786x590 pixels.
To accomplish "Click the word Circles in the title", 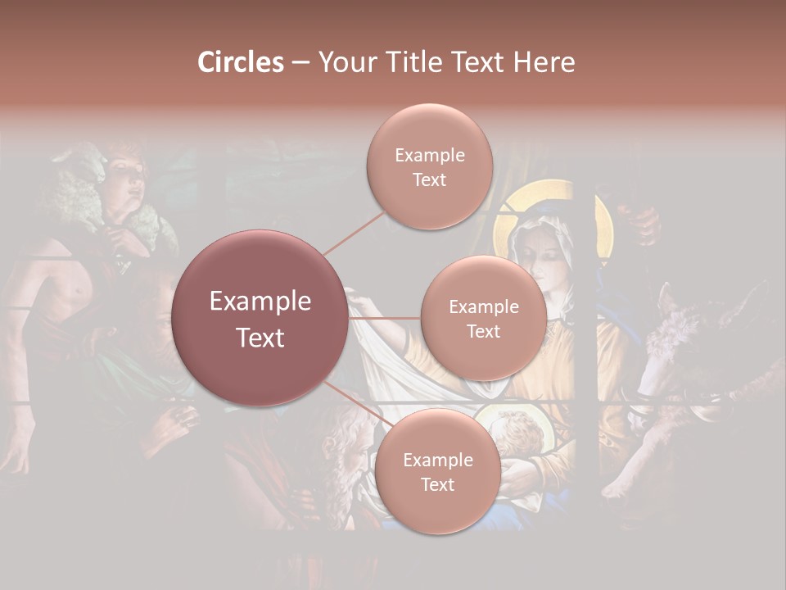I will (x=240, y=62).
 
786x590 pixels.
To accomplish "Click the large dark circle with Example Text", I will (x=260, y=318).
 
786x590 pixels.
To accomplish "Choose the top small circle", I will (x=429, y=167).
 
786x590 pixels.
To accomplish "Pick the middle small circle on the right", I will (x=483, y=318).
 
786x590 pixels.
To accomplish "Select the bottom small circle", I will (x=437, y=471).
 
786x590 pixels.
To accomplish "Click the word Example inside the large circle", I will (x=260, y=302).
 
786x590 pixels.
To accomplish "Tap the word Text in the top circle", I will (x=429, y=179).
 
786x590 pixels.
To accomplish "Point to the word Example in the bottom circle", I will (x=437, y=460).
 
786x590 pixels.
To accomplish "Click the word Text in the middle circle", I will (x=483, y=331).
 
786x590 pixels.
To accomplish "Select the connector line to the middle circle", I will (x=384, y=318).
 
